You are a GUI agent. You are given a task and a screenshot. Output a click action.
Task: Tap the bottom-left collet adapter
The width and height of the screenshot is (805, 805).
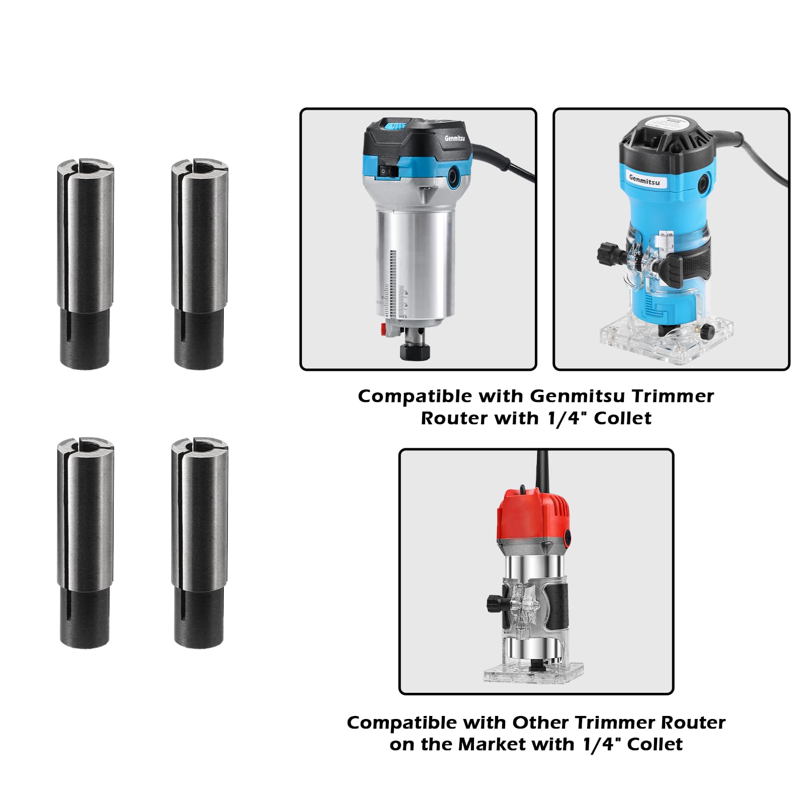coord(85,542)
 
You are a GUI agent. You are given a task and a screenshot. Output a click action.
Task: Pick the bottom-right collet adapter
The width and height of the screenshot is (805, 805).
coord(199,542)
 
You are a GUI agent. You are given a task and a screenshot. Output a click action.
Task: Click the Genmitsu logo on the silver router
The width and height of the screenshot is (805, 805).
coord(454,138)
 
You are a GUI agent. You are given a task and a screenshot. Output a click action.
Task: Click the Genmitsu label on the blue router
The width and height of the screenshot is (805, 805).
coord(645,180)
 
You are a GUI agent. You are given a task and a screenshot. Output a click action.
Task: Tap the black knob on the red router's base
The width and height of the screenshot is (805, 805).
coord(495,602)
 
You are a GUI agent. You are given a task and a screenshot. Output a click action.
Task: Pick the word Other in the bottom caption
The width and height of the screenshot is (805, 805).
coord(540,722)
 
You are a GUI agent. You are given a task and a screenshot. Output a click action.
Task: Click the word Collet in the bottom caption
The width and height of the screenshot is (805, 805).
coord(655,744)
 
